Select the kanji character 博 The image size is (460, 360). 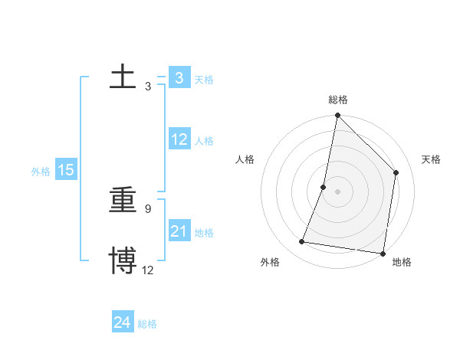[x=123, y=260]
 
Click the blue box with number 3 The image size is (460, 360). [x=179, y=78]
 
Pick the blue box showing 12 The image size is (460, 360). [x=179, y=139]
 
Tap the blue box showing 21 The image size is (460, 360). [x=179, y=231]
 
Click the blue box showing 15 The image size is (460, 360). [x=66, y=170]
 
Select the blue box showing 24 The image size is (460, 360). [x=123, y=322]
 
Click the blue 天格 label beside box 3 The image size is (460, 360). [x=204, y=79]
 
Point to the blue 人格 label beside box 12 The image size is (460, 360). [x=204, y=141]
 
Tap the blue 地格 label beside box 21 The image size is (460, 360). [x=204, y=233]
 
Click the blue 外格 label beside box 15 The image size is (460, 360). [x=41, y=172]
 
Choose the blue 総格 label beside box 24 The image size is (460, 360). [x=147, y=324]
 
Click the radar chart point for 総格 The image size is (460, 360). [x=337, y=116]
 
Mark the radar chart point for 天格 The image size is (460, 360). [x=396, y=172]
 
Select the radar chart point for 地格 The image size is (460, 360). [x=383, y=254]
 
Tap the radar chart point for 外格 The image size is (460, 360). [x=302, y=242]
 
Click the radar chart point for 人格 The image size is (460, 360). [x=324, y=187]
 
